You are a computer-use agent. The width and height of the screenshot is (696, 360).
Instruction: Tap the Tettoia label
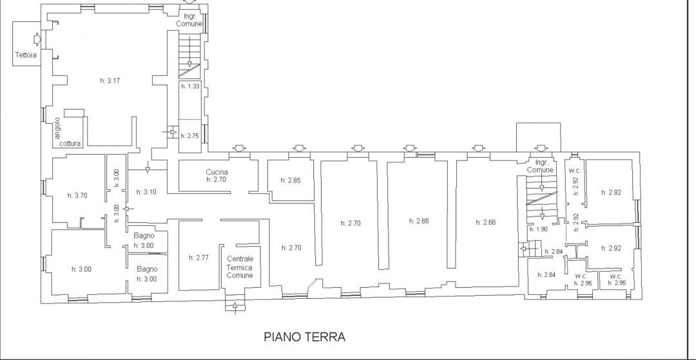coord(25,55)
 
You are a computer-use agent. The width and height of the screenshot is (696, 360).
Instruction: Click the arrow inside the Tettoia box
coord(37,39)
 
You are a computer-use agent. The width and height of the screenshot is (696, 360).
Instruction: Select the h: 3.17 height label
coord(110,81)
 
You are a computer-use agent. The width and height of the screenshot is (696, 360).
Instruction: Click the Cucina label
coord(217,171)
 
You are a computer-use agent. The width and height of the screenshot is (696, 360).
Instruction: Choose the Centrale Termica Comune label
coord(240,267)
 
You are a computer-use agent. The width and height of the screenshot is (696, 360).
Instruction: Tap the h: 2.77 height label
coord(198,257)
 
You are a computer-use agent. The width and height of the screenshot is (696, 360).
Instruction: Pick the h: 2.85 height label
coord(291,180)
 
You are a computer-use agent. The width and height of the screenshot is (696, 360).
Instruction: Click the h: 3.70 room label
coord(78,195)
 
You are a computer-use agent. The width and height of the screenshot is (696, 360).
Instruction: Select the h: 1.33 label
coord(190,86)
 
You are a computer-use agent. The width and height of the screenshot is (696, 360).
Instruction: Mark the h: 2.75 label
coord(190,136)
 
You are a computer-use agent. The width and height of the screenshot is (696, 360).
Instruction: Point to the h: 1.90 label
coord(538,229)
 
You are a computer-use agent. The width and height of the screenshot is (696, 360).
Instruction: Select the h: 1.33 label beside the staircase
coord(190,86)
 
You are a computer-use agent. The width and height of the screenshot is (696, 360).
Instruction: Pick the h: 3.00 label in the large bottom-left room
coord(81,269)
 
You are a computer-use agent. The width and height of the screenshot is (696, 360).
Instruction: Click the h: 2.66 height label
coord(485,222)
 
